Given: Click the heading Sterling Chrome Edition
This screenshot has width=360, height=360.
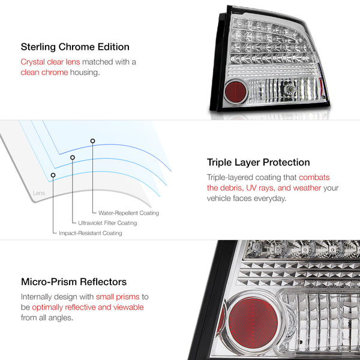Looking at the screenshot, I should (x=75, y=46).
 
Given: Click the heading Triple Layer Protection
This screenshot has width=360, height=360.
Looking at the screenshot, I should (x=258, y=162).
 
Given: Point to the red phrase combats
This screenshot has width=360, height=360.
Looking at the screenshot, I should (x=314, y=178).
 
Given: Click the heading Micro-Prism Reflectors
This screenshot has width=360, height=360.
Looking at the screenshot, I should (x=73, y=281).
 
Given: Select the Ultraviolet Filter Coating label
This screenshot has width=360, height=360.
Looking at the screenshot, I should (x=107, y=223).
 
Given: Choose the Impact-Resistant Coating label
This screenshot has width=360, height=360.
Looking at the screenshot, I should (x=90, y=233).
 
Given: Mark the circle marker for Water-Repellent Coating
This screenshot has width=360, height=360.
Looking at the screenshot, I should (x=92, y=141).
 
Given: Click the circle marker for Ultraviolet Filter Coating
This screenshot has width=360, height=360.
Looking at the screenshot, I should (x=73, y=157).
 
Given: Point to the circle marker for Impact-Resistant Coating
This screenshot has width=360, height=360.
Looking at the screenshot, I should (x=53, y=175).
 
